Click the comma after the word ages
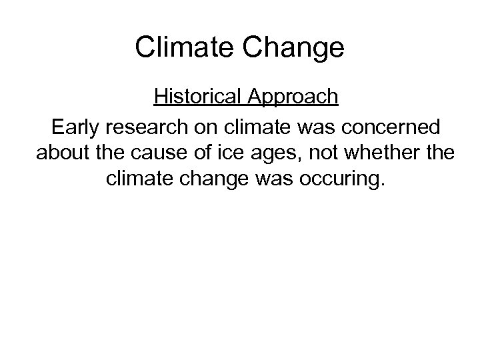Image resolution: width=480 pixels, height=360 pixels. (280, 159)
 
